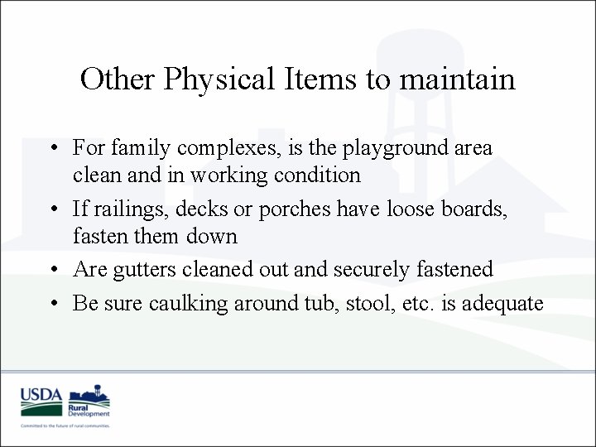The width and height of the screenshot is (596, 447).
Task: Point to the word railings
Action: [123, 210]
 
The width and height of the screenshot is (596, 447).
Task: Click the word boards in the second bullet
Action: [475, 210]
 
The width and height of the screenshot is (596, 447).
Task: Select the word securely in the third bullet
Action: [371, 270]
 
